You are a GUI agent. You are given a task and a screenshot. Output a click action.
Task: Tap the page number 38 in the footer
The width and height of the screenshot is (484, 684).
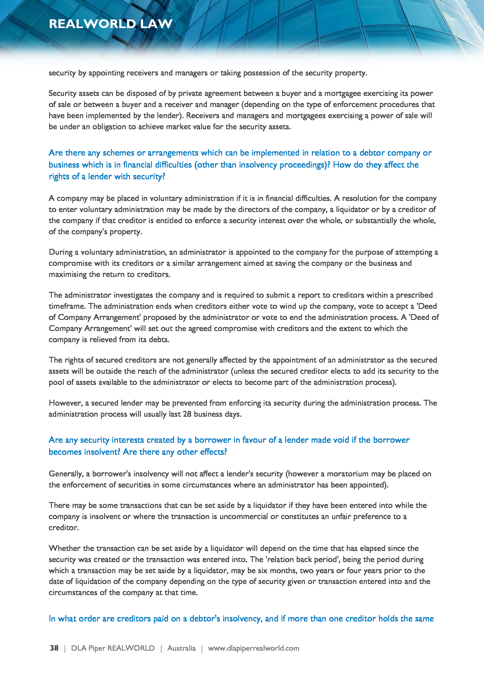pyautogui.click(x=54, y=648)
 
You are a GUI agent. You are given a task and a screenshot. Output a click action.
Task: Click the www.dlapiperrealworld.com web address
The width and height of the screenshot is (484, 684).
pyautogui.click(x=253, y=648)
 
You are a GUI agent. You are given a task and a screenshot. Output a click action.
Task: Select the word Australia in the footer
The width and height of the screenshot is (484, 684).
pyautogui.click(x=181, y=648)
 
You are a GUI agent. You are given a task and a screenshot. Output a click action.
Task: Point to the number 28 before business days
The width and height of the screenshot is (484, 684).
pyautogui.click(x=187, y=414)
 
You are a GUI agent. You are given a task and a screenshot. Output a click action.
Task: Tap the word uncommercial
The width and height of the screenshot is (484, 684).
pyautogui.click(x=244, y=516)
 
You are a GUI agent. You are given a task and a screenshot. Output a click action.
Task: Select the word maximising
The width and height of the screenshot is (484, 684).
pyautogui.click(x=68, y=274)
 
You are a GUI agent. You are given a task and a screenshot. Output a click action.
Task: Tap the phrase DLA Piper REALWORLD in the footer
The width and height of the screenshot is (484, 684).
pyautogui.click(x=113, y=648)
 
